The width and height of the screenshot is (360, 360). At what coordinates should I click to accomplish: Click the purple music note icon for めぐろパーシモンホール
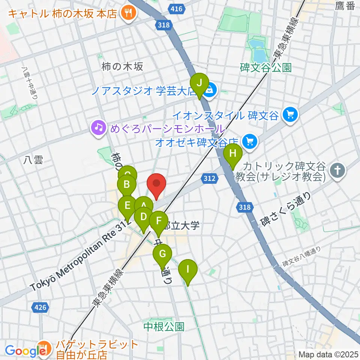click(x=98, y=127)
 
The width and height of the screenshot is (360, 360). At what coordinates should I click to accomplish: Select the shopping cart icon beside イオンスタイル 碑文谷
click(x=289, y=113)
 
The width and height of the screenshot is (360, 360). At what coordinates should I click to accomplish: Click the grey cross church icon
click(x=337, y=171)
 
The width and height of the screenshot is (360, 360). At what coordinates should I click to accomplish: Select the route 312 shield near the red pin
click(x=210, y=178)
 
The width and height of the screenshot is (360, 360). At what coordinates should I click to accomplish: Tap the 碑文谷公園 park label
click(x=265, y=68)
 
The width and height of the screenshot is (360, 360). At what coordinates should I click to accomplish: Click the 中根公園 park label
click(x=164, y=326)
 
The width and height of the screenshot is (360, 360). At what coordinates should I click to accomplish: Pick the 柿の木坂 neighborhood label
click(x=122, y=67)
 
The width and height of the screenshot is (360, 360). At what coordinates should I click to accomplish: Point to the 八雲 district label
click(x=33, y=160)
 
